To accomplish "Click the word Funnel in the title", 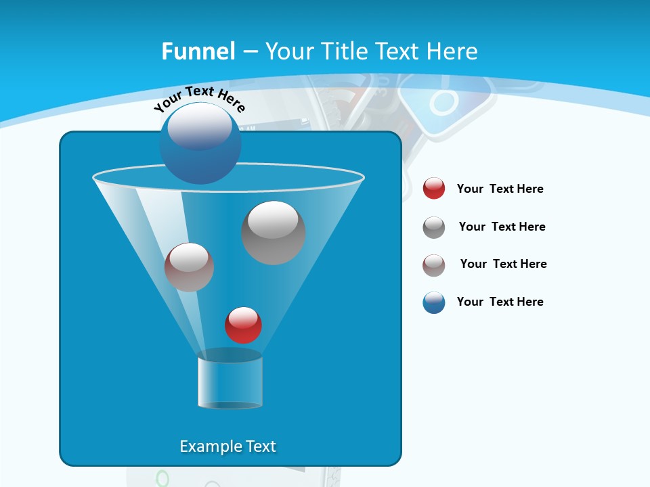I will pyautogui.click(x=198, y=51).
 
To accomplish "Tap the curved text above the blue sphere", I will pyautogui.click(x=199, y=99).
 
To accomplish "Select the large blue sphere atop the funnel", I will pyautogui.click(x=200, y=143).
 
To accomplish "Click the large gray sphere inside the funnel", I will pyautogui.click(x=273, y=233).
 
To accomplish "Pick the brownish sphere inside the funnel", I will pyautogui.click(x=189, y=267).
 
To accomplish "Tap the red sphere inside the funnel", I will pyautogui.click(x=243, y=325).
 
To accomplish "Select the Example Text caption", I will pyautogui.click(x=227, y=446).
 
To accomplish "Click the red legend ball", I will pyautogui.click(x=434, y=189).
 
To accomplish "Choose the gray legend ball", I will pyautogui.click(x=434, y=227).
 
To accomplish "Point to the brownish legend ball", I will pyautogui.click(x=434, y=265).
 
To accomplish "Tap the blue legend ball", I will pyautogui.click(x=434, y=302).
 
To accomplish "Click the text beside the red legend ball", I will pyautogui.click(x=500, y=189).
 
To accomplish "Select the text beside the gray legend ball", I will pyautogui.click(x=502, y=227).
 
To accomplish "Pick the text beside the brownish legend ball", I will pyautogui.click(x=503, y=264).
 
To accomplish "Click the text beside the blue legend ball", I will pyautogui.click(x=500, y=302).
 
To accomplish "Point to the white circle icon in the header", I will pyautogui.click(x=443, y=103).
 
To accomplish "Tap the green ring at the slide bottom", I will pyautogui.click(x=162, y=479).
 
